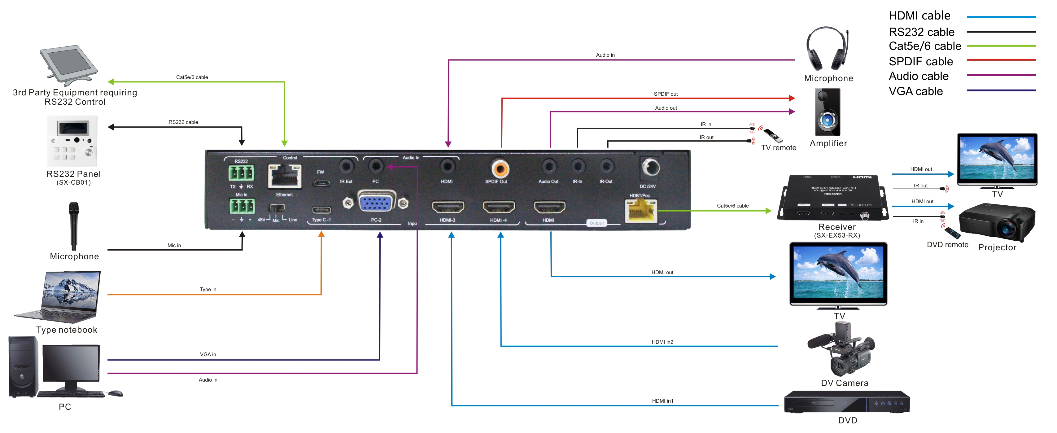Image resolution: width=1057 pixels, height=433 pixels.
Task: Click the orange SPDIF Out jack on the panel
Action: click(x=500, y=168)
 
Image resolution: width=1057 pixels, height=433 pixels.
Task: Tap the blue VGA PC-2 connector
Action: click(x=376, y=202)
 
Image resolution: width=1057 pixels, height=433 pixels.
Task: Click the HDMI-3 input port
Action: click(x=448, y=207)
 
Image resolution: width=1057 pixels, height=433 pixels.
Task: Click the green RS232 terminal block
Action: click(x=241, y=173)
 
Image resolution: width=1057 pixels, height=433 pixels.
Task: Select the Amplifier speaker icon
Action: click(x=827, y=112)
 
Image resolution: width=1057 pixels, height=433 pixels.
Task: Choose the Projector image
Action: click(x=997, y=222)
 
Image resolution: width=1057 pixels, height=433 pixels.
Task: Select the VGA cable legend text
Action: click(x=915, y=91)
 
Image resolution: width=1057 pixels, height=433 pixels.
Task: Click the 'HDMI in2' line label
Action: click(x=662, y=342)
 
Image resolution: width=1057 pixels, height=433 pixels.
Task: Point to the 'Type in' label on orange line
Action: click(x=208, y=289)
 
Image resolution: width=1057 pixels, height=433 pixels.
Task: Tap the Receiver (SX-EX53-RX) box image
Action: click(x=833, y=198)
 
